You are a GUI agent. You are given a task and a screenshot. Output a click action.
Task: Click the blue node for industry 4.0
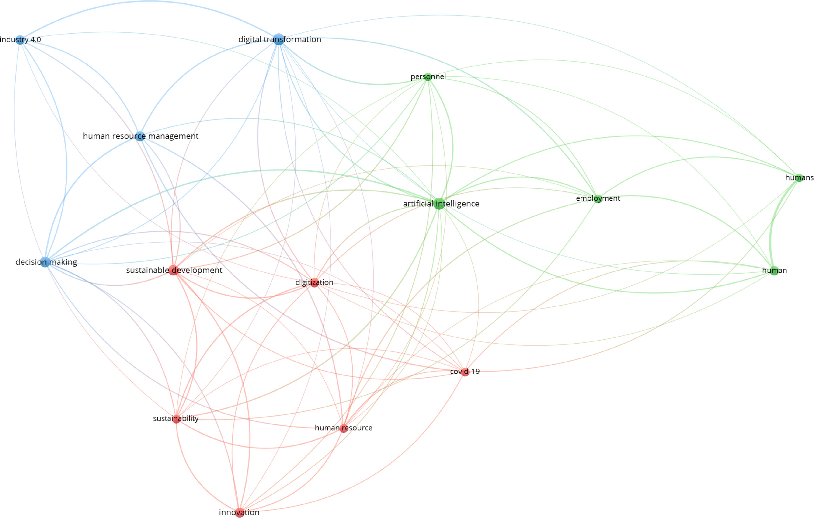point(20,40)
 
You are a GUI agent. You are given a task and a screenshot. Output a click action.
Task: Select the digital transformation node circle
point(278,39)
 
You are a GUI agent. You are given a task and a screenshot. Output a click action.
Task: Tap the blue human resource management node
point(140,136)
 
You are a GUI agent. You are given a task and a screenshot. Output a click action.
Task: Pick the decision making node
point(45,262)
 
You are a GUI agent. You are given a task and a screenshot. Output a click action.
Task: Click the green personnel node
point(428,77)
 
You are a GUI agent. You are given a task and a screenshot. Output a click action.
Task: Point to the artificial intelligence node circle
point(439,204)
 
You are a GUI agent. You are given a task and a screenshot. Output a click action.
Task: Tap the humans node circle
point(799,178)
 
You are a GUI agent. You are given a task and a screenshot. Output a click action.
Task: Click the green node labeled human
point(774,271)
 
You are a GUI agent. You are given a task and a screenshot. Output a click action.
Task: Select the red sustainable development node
point(174,270)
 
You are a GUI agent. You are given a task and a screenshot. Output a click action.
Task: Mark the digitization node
point(314,283)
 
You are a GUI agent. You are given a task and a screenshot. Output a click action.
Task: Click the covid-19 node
point(465,372)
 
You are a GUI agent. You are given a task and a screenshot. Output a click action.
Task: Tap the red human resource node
point(344,428)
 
